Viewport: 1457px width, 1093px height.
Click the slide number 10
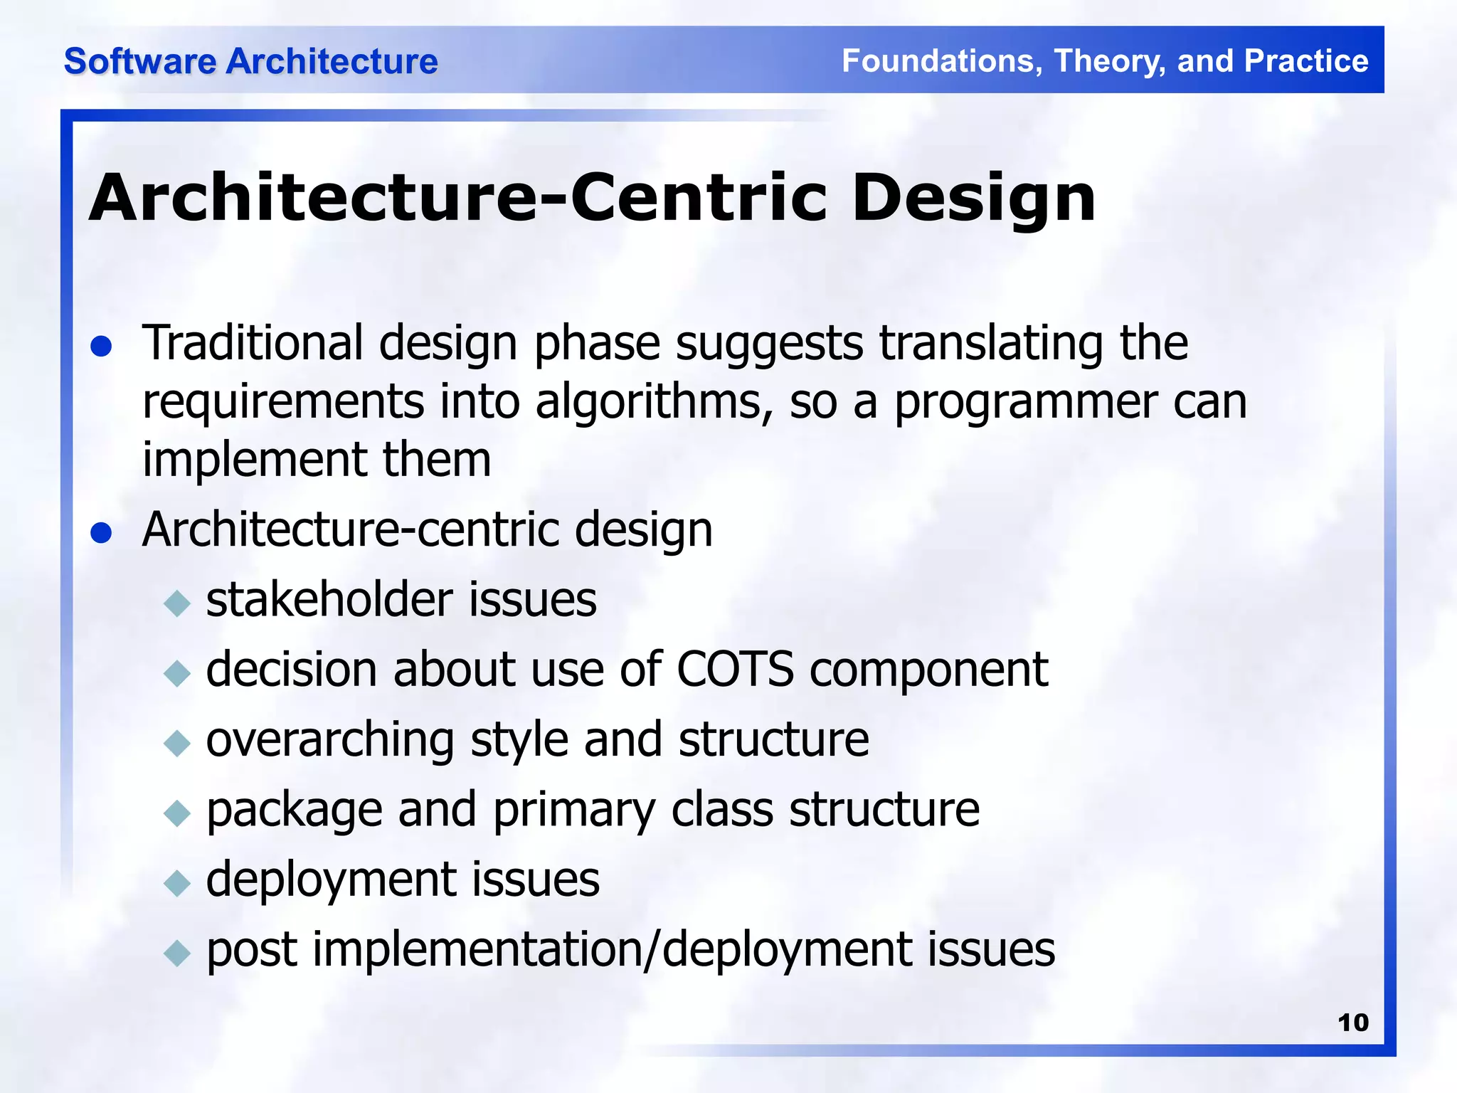click(x=1352, y=1023)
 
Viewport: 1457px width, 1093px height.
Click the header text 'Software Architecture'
click(x=250, y=61)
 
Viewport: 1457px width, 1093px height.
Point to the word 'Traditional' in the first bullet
click(x=253, y=343)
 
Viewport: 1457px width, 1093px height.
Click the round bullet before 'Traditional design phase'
click(x=102, y=347)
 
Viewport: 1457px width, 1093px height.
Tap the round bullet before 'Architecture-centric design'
click(x=102, y=532)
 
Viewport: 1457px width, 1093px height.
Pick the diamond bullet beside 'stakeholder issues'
click(x=176, y=603)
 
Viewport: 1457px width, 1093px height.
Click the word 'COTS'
click(x=734, y=670)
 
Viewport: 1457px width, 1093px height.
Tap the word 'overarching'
click(x=329, y=740)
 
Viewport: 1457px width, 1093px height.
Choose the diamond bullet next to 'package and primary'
click(x=176, y=813)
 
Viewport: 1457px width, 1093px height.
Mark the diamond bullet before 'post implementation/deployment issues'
click(x=176, y=952)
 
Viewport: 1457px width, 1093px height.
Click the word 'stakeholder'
click(x=329, y=599)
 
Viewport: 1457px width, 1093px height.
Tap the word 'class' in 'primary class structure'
click(x=721, y=810)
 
